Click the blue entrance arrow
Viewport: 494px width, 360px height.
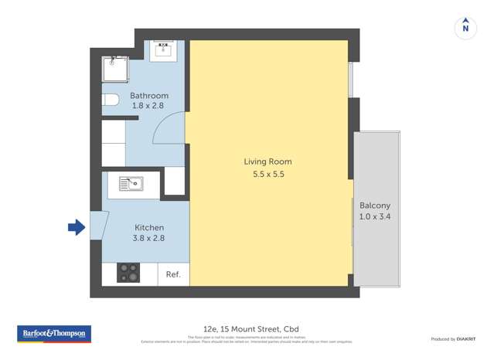(x=76, y=227)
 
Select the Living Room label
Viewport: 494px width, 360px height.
(x=267, y=161)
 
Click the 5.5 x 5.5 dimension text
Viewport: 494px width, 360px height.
(x=267, y=175)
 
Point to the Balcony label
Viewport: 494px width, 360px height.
(x=375, y=205)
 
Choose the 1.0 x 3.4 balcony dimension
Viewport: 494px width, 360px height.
(x=375, y=218)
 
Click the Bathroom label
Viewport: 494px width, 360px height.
(x=148, y=96)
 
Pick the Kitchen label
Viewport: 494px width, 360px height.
(x=149, y=228)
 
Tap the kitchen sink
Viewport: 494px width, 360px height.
(x=130, y=183)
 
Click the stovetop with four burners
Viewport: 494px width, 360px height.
(x=128, y=273)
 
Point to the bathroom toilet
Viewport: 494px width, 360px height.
(x=110, y=100)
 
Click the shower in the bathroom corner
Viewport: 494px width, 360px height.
(x=118, y=68)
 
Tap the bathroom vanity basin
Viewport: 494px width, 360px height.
(x=164, y=49)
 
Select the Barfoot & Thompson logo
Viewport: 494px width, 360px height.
(x=54, y=335)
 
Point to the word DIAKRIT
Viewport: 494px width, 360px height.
(x=466, y=339)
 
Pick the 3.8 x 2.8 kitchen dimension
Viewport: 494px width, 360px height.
(x=149, y=240)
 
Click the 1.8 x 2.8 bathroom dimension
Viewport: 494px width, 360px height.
(x=148, y=106)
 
